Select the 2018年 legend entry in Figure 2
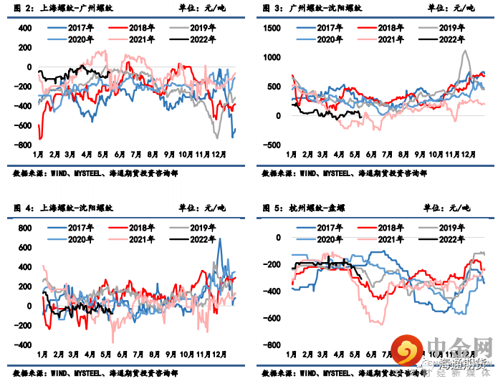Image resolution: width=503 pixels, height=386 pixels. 139,27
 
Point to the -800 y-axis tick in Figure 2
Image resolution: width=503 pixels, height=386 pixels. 24,145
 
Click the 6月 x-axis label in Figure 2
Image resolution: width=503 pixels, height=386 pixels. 120,155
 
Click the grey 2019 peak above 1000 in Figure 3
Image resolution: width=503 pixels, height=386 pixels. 466,52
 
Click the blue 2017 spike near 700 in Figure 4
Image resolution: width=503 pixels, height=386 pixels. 219,239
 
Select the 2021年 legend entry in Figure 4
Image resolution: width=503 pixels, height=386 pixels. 139,239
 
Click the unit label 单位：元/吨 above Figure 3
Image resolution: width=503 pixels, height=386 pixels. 449,8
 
